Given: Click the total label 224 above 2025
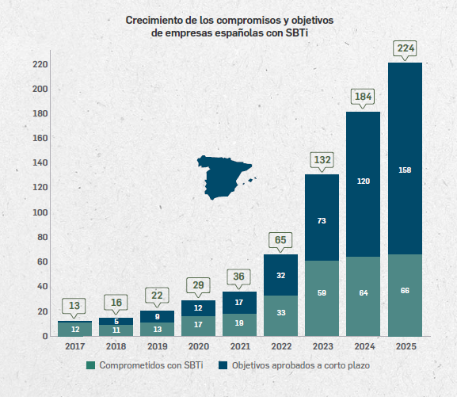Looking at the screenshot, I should [x=405, y=49].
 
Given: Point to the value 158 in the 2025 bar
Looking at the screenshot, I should [x=405, y=170].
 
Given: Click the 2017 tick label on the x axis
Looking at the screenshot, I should [x=74, y=346].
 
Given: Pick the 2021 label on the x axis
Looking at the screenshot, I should [x=239, y=346].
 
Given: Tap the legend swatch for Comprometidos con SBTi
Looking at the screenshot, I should [x=91, y=365].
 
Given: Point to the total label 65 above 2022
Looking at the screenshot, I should [x=280, y=239].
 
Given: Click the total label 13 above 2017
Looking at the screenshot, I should [x=74, y=306].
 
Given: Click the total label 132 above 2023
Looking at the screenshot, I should [x=322, y=160].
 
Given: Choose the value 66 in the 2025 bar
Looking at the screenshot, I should [x=405, y=292].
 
